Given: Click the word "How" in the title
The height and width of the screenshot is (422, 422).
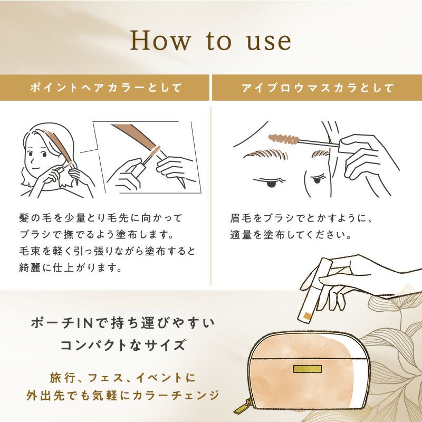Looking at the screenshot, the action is pyautogui.click(x=160, y=41).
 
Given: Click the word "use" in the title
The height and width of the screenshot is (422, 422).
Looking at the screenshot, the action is pyautogui.click(x=269, y=42).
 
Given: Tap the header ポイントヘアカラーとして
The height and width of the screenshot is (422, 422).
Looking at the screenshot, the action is pyautogui.click(x=106, y=88).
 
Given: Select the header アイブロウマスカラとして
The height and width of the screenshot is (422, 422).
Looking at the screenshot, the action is pyautogui.click(x=318, y=88).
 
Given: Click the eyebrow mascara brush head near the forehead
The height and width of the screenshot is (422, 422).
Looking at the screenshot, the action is pyautogui.click(x=284, y=138).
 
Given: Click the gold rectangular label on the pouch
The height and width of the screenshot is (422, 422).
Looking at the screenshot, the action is pyautogui.click(x=308, y=369).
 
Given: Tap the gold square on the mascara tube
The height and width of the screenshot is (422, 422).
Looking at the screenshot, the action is pyautogui.click(x=307, y=315).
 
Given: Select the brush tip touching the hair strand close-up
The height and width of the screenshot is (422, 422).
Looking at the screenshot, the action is pyautogui.click(x=155, y=151).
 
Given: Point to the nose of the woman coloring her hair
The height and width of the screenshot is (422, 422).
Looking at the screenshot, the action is pyautogui.click(x=32, y=160).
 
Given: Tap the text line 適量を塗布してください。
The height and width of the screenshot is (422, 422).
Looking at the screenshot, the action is pyautogui.click(x=291, y=235).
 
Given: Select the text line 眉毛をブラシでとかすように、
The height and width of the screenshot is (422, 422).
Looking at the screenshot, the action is pyautogui.click(x=301, y=218).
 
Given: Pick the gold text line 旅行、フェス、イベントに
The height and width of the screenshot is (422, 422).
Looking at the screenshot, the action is pyautogui.click(x=123, y=378).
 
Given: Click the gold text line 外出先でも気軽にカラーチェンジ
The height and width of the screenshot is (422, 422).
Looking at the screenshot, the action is pyautogui.click(x=123, y=395).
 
